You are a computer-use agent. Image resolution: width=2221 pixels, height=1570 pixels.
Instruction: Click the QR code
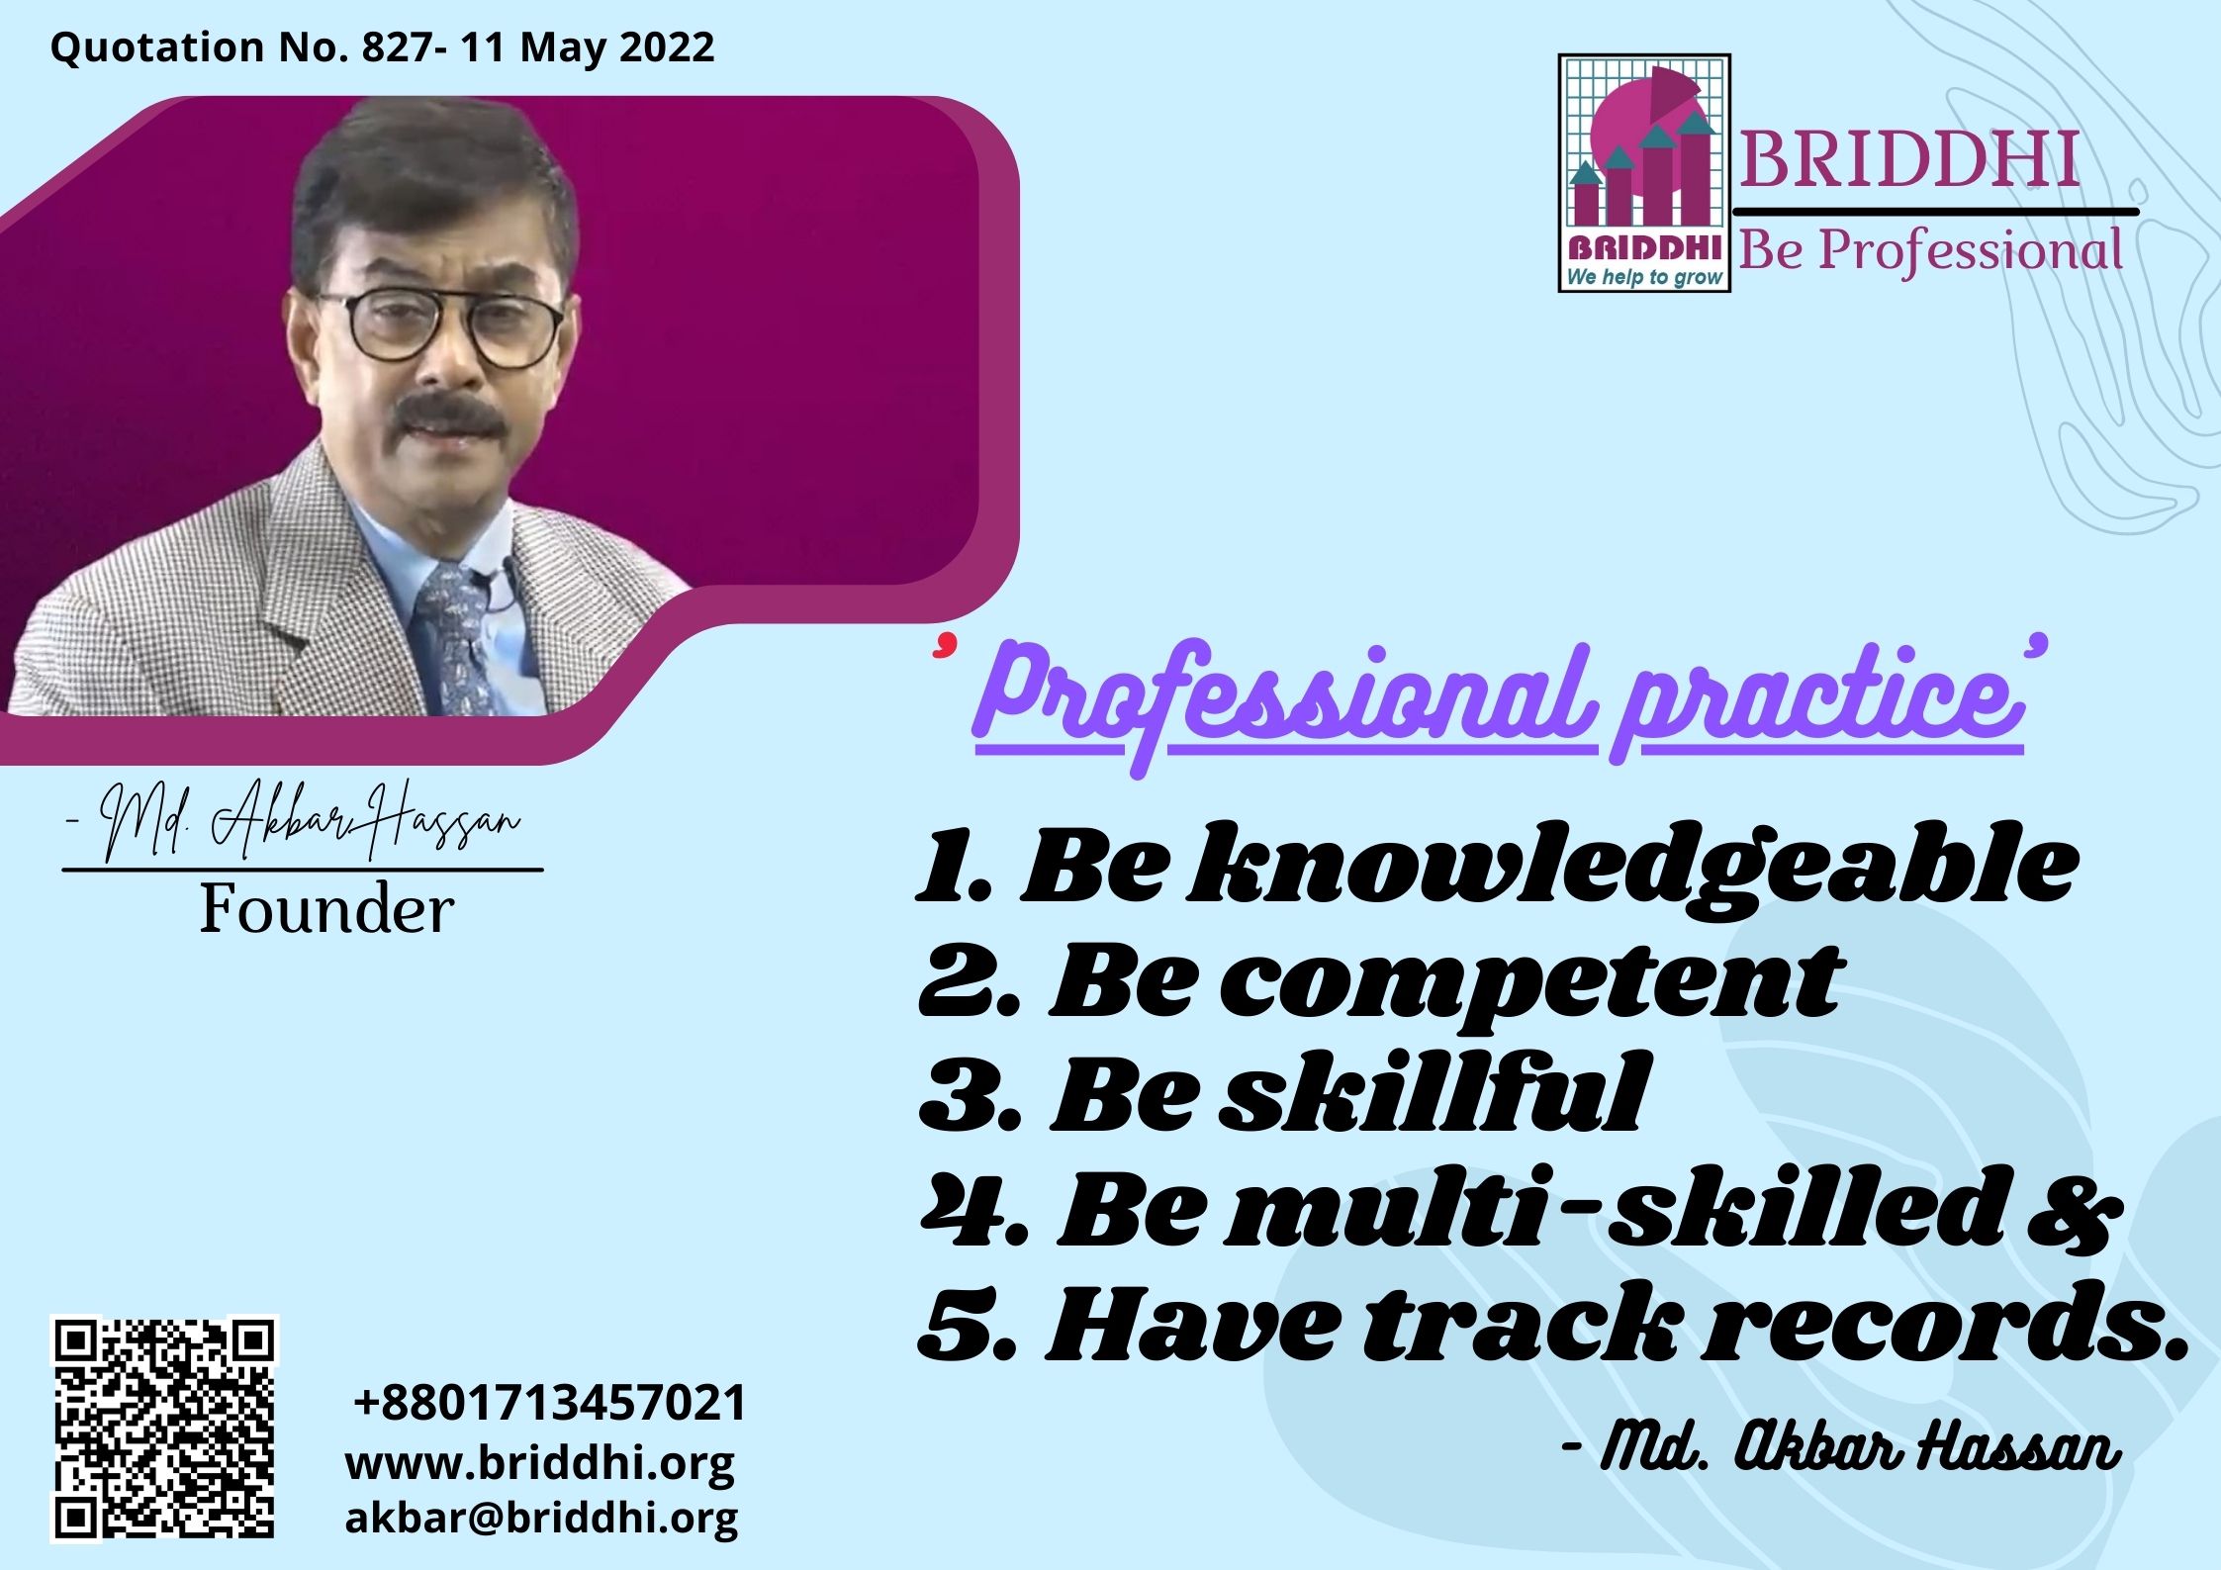coord(164,1428)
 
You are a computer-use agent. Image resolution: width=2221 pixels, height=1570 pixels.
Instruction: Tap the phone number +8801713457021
coord(550,1403)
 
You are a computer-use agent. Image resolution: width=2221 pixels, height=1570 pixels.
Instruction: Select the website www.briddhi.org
coord(539,1462)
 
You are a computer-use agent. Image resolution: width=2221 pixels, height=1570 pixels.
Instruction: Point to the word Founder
coord(327,909)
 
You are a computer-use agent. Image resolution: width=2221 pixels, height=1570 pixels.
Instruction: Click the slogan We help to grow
coord(1644,277)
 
